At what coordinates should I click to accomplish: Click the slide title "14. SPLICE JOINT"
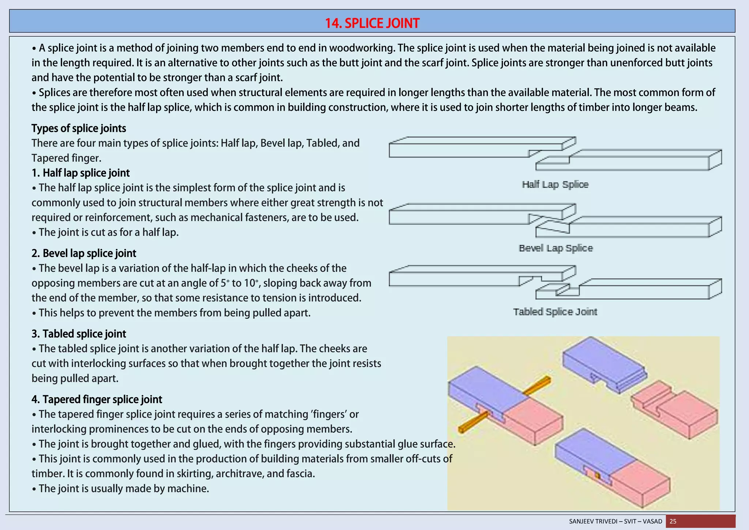pos(372,23)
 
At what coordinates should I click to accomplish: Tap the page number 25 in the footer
pos(673,521)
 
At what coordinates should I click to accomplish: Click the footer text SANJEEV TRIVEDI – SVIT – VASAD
pos(616,521)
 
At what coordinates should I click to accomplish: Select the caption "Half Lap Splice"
pos(555,184)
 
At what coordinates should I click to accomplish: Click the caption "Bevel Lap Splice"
pos(556,248)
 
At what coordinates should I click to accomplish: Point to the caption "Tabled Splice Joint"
pos(555,312)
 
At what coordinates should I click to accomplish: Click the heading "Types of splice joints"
pos(79,128)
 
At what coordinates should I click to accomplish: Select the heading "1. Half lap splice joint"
pos(80,173)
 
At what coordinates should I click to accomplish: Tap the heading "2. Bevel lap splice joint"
pos(84,253)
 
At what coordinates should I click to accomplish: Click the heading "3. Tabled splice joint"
pos(79,334)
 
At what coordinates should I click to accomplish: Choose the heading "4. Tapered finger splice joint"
pos(97,399)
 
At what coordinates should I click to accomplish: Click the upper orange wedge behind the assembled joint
pos(538,386)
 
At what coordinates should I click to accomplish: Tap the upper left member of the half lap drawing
pos(457,150)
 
